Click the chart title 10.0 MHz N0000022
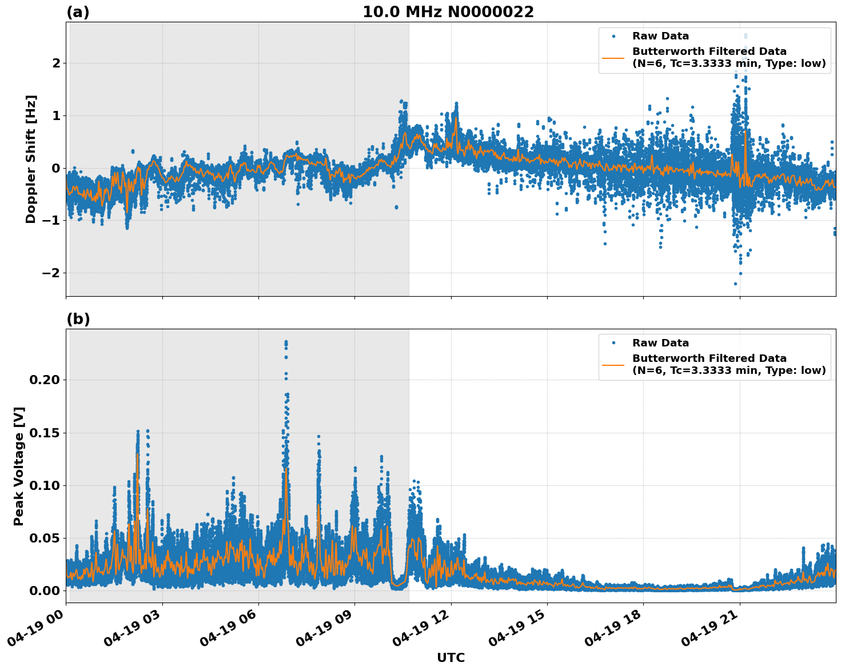(x=448, y=12)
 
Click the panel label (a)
(x=78, y=12)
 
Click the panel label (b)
(x=78, y=319)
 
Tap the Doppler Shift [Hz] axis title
(x=31, y=159)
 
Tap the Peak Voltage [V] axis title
(x=19, y=466)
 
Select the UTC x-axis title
(x=451, y=657)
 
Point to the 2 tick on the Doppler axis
(x=56, y=63)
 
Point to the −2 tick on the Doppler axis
(x=51, y=273)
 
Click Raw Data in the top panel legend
(x=660, y=36)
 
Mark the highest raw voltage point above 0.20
(x=286, y=342)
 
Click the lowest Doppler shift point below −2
(x=735, y=284)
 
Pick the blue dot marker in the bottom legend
(x=613, y=343)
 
